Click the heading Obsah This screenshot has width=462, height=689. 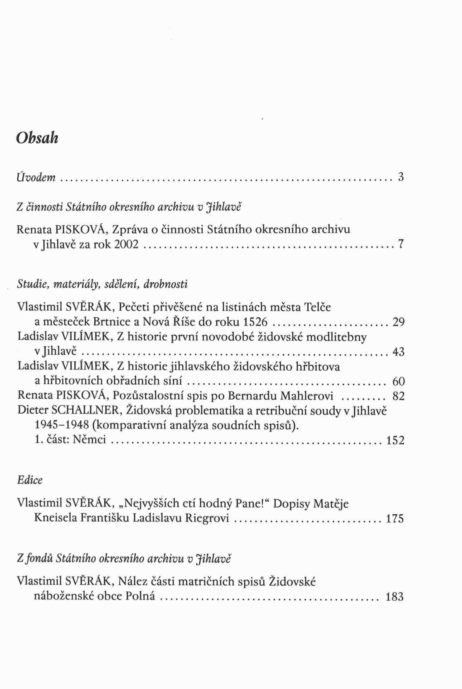click(37, 138)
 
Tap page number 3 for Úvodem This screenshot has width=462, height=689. click(401, 177)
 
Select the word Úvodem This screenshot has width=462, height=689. click(36, 177)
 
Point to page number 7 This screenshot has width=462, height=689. click(401, 245)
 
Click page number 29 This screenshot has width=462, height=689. click(398, 322)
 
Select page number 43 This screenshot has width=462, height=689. click(398, 352)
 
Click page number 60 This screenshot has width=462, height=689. click(398, 381)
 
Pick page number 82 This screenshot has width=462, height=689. click(398, 396)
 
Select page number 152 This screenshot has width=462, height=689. click(395, 440)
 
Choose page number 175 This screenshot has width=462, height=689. click(395, 518)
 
